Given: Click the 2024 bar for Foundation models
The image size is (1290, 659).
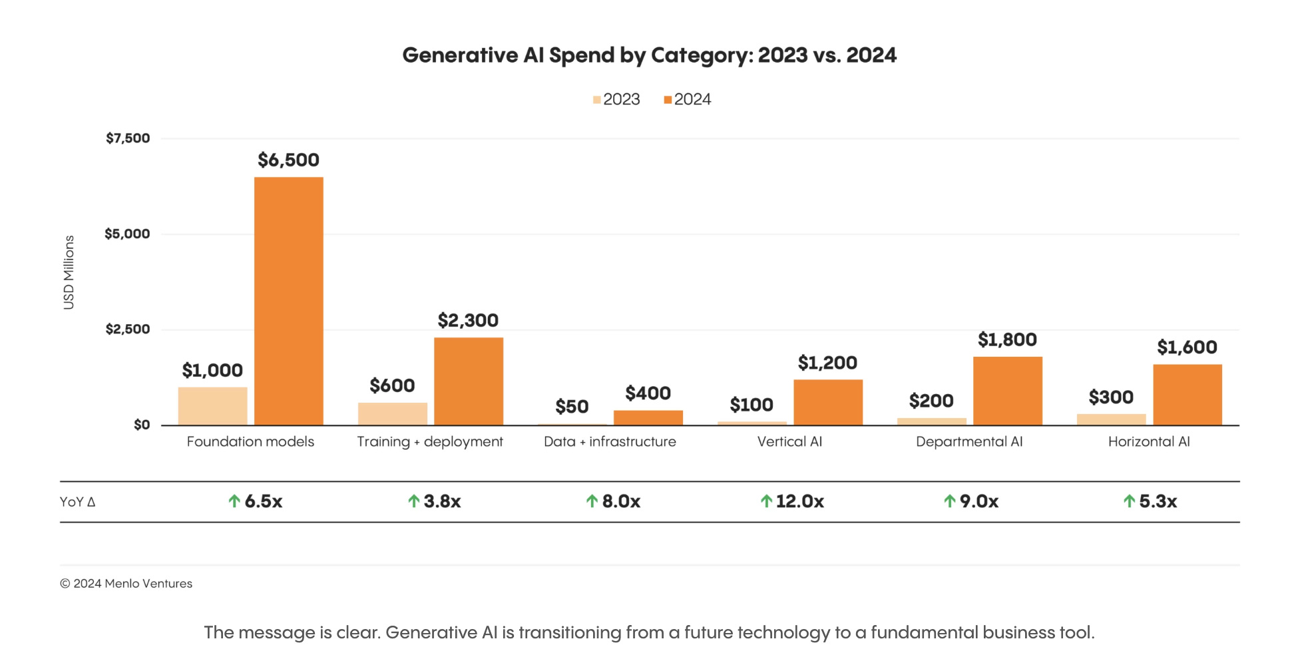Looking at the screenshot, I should point(288,301).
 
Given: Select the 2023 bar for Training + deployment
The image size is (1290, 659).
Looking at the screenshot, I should point(392,413).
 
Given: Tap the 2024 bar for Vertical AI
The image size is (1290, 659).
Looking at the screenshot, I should point(827,402).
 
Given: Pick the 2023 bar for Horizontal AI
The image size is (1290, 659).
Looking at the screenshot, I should point(1111,419).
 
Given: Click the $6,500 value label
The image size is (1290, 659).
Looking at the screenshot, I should point(288,160).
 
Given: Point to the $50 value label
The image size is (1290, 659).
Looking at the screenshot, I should point(572,407).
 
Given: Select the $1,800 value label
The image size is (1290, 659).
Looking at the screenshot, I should point(1007,340).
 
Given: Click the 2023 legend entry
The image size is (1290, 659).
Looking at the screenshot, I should point(616,100).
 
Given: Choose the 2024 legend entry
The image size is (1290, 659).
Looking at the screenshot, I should point(688,100).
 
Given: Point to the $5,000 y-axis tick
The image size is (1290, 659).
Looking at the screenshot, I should point(127,234).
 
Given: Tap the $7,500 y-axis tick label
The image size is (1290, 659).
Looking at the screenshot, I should point(128,138).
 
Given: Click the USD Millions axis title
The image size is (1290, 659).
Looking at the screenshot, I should point(69,272).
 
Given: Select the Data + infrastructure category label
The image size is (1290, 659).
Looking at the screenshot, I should point(610,442).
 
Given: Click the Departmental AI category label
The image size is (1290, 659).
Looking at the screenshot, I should point(969,442).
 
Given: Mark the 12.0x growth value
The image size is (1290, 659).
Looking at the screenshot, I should point(799,501).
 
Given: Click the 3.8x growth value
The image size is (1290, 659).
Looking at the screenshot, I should point(442,501).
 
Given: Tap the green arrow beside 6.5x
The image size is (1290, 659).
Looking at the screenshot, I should point(234,501).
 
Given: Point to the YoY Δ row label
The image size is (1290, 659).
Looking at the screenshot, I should point(77,502).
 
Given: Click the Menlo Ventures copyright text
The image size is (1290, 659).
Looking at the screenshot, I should point(126,584).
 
